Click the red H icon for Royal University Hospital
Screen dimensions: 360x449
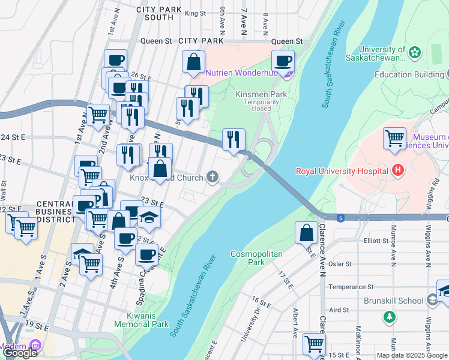[397, 171]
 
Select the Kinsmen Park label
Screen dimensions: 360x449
[261, 94]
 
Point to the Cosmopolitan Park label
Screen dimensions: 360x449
[256, 258]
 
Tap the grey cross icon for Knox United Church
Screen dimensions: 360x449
[212, 176]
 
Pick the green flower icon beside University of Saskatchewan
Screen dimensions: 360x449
[415, 53]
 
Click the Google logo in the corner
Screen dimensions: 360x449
[20, 353]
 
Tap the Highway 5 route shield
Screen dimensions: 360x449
[340, 217]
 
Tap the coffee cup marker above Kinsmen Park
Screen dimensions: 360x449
[283, 60]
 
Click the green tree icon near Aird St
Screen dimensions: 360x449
[390, 316]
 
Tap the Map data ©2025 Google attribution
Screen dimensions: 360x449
[412, 355]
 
